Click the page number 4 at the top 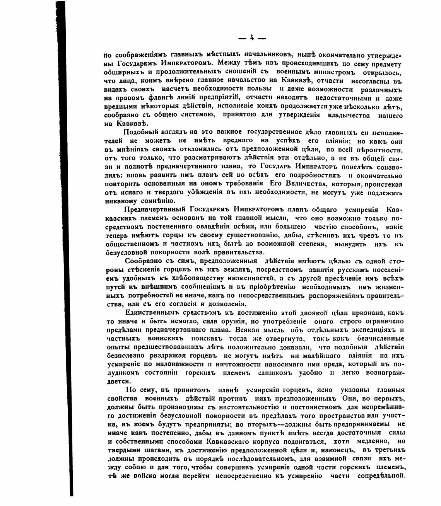(252, 37)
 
